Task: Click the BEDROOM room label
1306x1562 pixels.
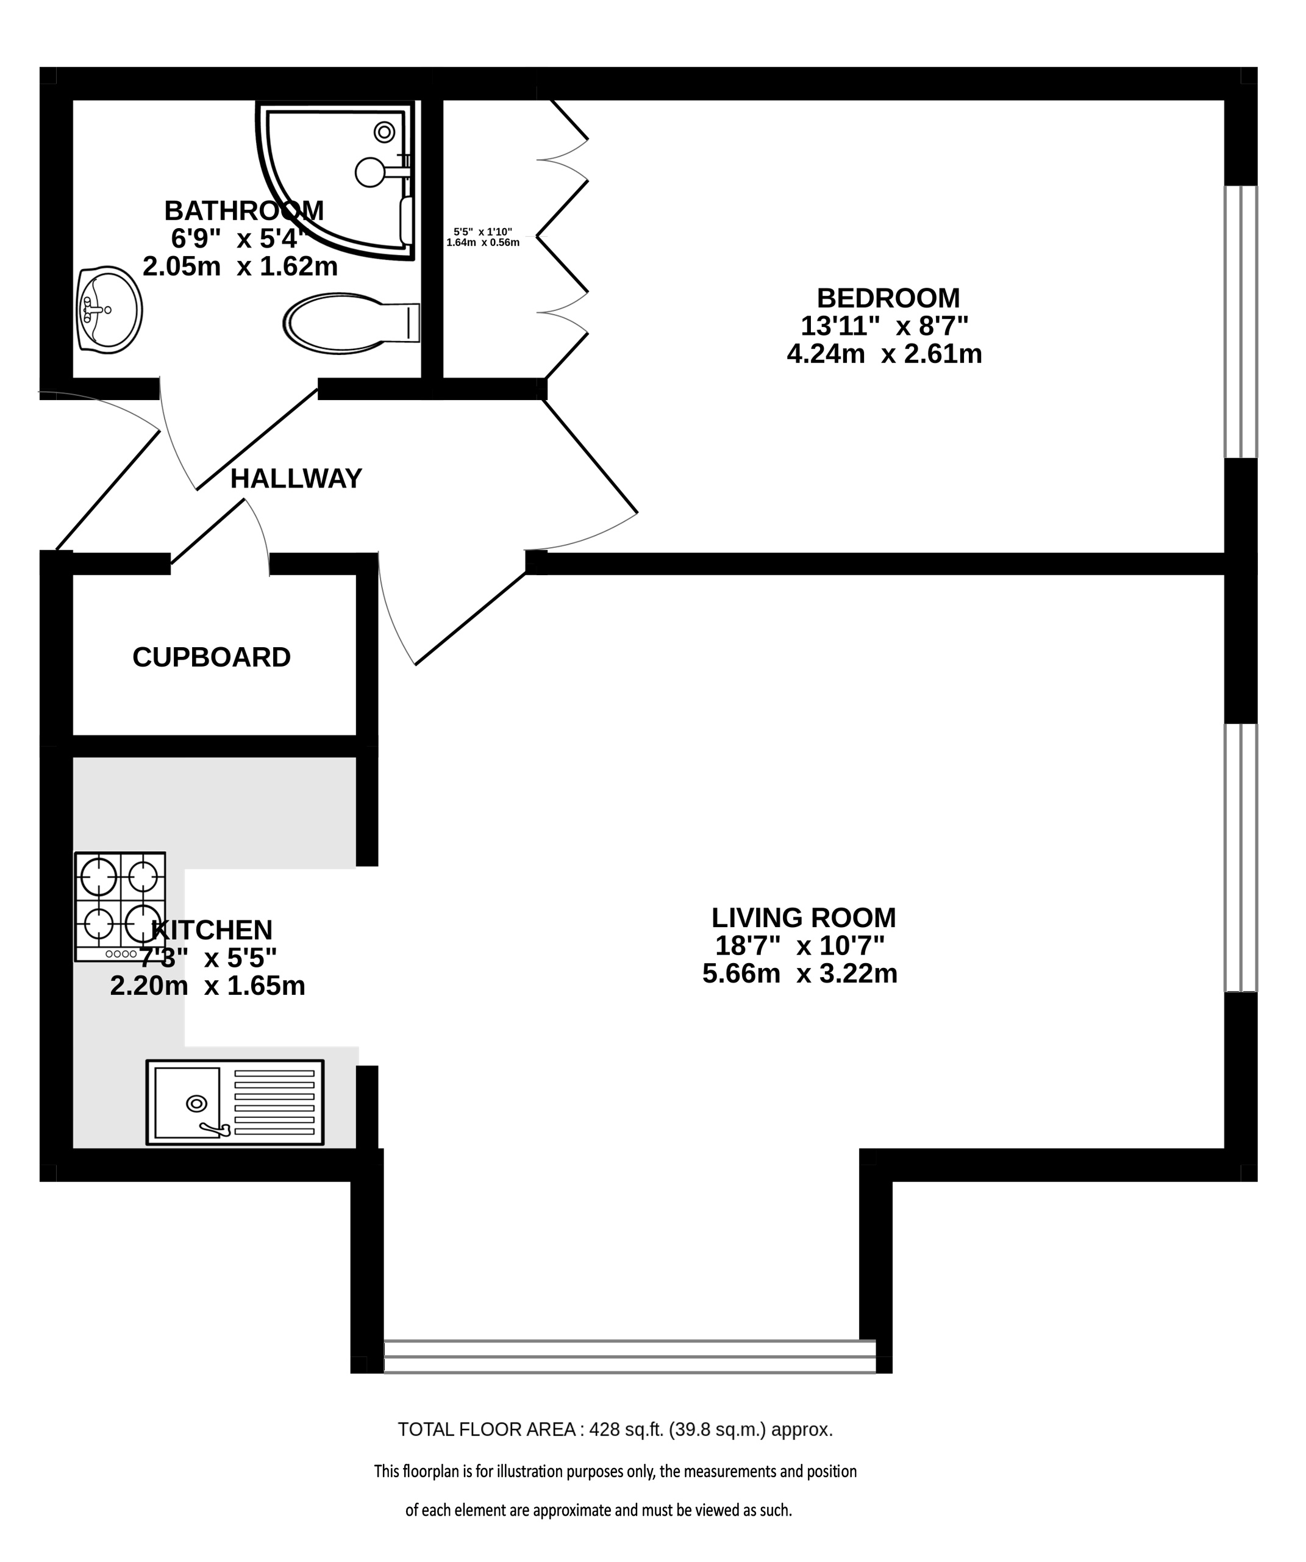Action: [888, 298]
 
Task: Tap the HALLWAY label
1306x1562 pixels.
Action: [296, 478]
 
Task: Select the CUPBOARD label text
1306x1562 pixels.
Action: [211, 657]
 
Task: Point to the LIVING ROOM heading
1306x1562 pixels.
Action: [803, 918]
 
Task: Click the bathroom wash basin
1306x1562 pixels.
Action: [109, 309]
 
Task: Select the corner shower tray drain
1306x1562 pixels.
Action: [385, 132]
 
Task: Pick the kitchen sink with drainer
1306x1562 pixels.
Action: [235, 1102]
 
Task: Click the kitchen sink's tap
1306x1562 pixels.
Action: [215, 1130]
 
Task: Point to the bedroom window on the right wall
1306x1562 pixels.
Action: [1241, 321]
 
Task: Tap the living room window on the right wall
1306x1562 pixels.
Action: [1241, 858]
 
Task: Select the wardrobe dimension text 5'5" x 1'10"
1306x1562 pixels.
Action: [484, 232]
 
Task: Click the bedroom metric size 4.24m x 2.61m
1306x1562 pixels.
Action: [884, 354]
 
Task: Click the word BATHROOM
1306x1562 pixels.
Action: [244, 211]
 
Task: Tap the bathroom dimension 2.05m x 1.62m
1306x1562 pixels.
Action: [240, 267]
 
